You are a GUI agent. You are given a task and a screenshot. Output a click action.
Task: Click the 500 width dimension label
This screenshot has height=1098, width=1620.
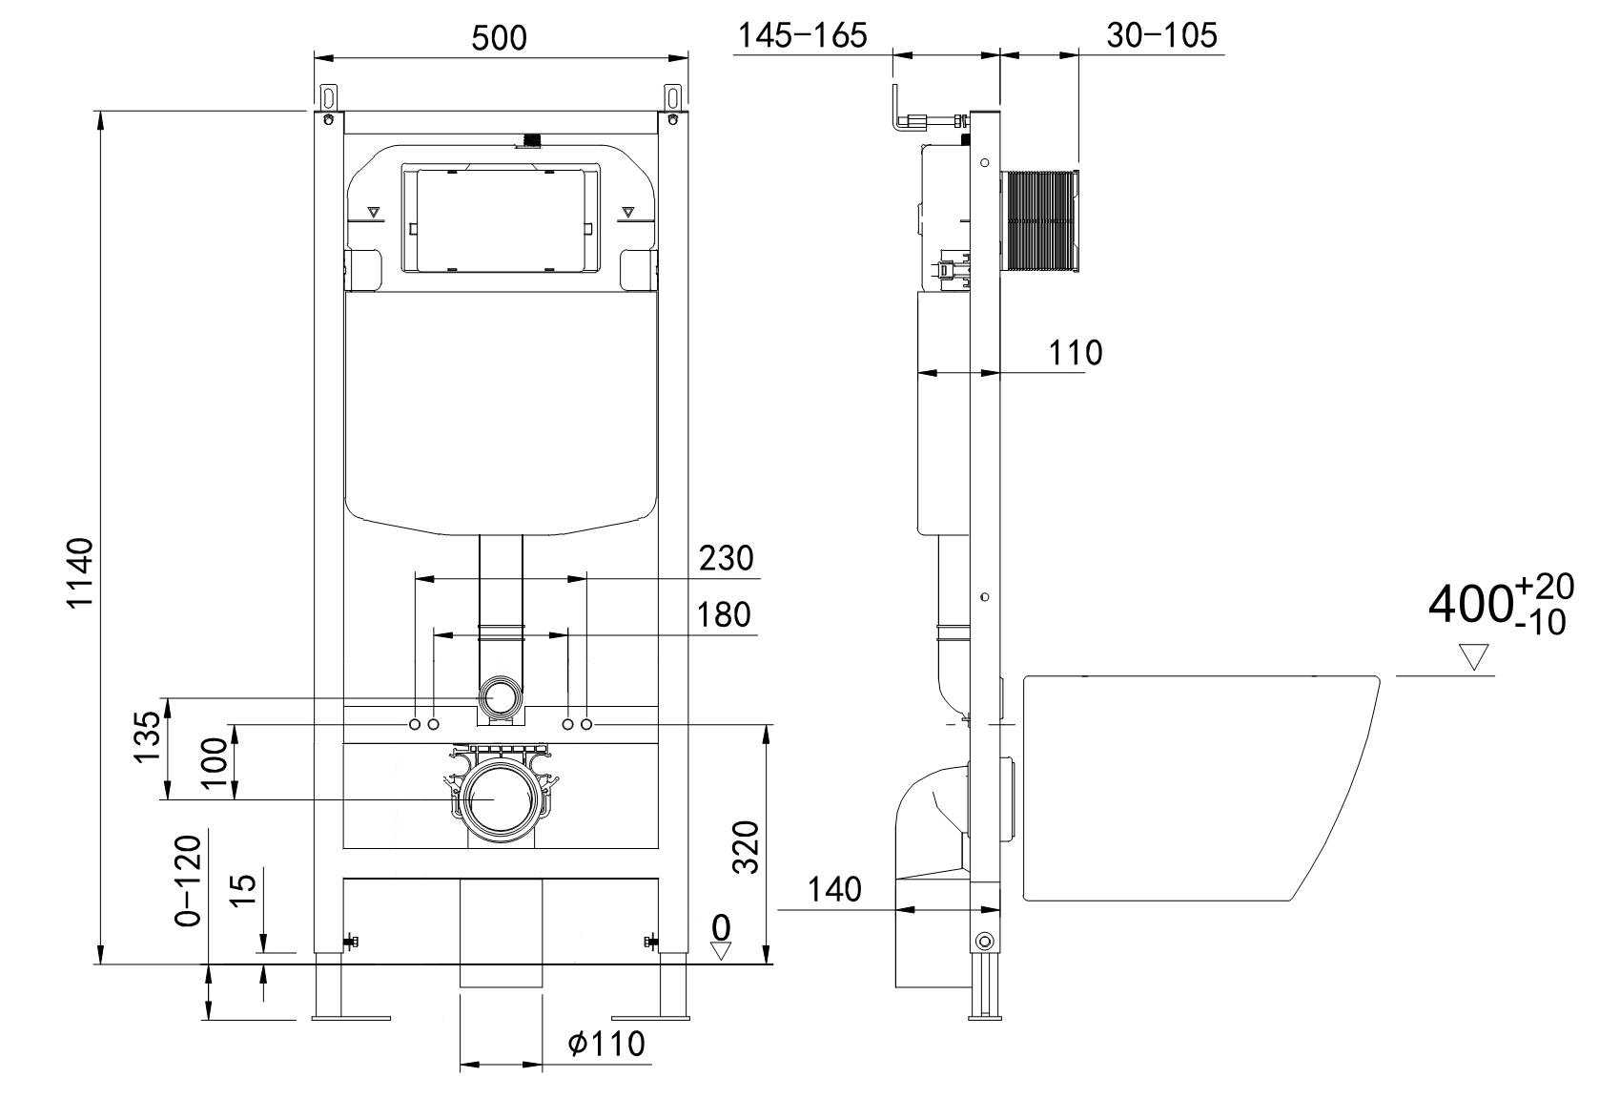point(499,37)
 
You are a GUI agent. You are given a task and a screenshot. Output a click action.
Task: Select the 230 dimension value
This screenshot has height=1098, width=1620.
point(727,558)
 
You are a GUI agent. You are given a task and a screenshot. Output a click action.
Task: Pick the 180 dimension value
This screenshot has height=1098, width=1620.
point(723,614)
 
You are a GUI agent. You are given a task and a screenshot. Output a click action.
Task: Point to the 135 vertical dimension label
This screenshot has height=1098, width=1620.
point(147,736)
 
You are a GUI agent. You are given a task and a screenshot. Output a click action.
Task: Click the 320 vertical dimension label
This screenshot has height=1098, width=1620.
point(747,847)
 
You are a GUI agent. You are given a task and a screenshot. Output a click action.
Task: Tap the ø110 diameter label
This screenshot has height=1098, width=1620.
point(606,1044)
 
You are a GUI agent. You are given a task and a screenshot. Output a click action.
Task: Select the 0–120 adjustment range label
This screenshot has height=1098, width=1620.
point(188,881)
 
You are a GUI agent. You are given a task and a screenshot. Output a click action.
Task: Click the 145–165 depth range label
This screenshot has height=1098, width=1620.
point(802,35)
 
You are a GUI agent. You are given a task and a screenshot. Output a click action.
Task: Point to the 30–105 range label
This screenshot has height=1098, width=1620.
point(1161,35)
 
